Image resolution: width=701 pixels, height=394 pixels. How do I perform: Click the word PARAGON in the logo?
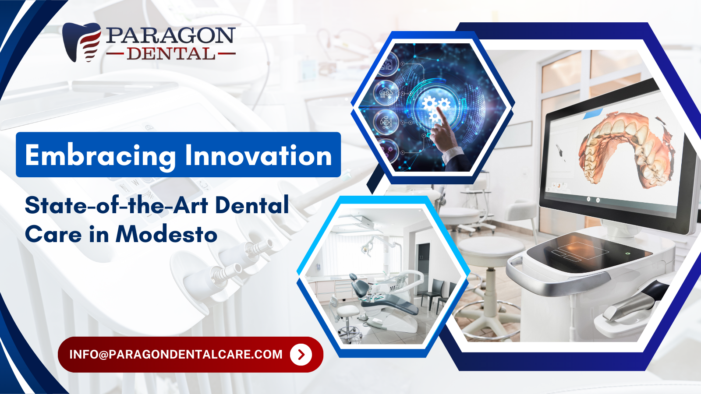tap(170, 35)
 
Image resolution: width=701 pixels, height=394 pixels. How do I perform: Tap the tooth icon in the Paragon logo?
tap(81, 42)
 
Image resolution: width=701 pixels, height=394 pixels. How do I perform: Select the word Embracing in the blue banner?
tap(100, 155)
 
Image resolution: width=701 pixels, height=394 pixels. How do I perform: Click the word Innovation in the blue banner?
tap(258, 155)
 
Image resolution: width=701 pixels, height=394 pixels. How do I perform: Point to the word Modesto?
tap(166, 234)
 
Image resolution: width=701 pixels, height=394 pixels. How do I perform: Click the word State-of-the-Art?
tap(117, 205)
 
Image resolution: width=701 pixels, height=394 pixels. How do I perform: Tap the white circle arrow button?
tap(301, 354)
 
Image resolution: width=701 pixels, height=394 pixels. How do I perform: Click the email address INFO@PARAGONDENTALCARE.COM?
tap(176, 354)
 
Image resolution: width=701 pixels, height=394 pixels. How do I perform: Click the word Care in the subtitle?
tap(53, 235)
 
